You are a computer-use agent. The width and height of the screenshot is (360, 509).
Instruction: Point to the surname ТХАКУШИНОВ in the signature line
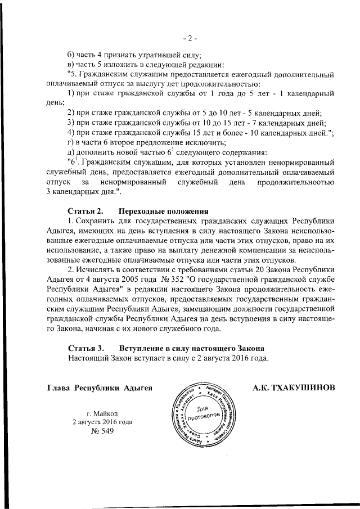[304, 389]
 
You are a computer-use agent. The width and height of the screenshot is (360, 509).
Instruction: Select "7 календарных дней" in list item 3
[286, 121]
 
